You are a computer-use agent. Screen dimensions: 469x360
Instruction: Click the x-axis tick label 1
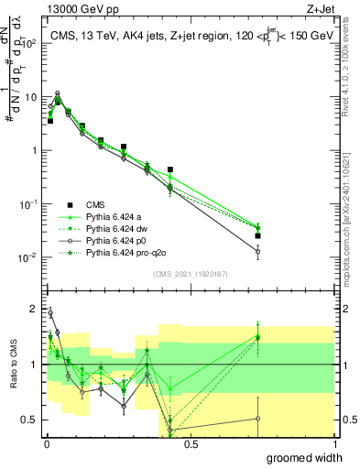pyautogui.click(x=333, y=444)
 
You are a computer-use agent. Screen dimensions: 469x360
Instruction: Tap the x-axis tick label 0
pyautogui.click(x=45, y=444)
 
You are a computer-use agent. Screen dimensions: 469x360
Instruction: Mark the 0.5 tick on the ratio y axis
pyautogui.click(x=30, y=420)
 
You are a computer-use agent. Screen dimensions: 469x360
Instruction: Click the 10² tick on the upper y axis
pyautogui.click(x=27, y=43)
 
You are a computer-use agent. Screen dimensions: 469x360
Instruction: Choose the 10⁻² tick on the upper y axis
pyautogui.click(x=27, y=257)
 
